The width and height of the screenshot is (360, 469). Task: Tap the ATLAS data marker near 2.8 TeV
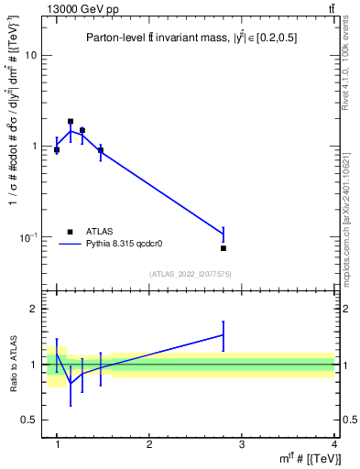224,248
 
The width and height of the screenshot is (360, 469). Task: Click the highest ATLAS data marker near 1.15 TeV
71,121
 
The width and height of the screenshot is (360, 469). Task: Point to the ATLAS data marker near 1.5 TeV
101,149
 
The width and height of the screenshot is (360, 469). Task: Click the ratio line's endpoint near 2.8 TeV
224,335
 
